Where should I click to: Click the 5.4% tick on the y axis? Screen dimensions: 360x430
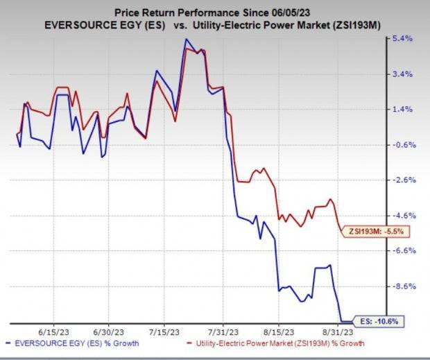coord(404,39)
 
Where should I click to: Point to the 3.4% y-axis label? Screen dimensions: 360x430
coord(404,74)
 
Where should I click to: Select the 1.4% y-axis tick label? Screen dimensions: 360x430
coord(404,110)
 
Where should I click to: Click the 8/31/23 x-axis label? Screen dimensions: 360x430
coord(338,332)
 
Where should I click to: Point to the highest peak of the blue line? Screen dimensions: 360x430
coord(185,40)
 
